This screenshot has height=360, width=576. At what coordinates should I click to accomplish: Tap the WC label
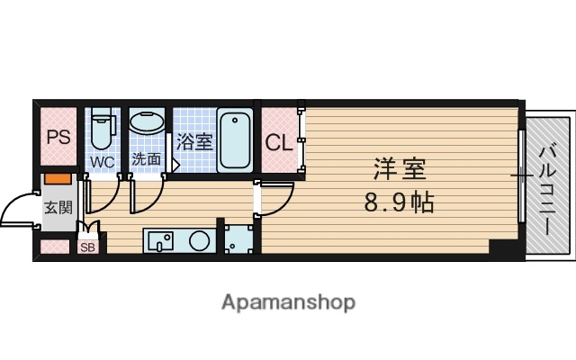(101, 162)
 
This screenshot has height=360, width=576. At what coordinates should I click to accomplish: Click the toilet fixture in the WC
(102, 130)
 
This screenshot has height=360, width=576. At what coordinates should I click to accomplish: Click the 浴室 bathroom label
(193, 142)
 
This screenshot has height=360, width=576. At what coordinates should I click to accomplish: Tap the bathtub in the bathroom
(235, 139)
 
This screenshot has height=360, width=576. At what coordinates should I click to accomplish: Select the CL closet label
(277, 143)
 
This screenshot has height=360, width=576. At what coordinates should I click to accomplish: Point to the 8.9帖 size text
(399, 202)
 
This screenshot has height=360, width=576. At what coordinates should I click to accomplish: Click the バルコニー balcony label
(546, 189)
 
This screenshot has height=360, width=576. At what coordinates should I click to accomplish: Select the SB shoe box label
(87, 247)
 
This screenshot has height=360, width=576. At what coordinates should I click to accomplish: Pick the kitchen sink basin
(162, 240)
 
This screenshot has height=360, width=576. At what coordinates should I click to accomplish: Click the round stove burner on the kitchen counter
(199, 240)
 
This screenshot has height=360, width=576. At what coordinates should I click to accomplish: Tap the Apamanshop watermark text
(288, 301)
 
